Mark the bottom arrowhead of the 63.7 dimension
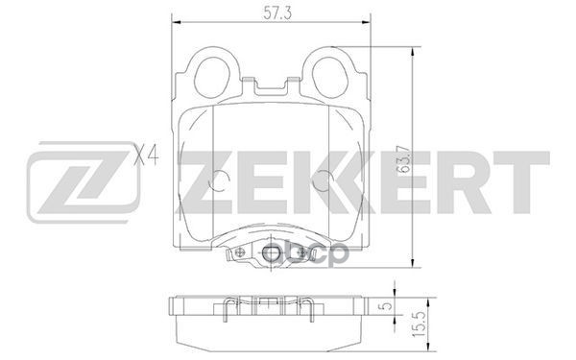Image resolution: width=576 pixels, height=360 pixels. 412,269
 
